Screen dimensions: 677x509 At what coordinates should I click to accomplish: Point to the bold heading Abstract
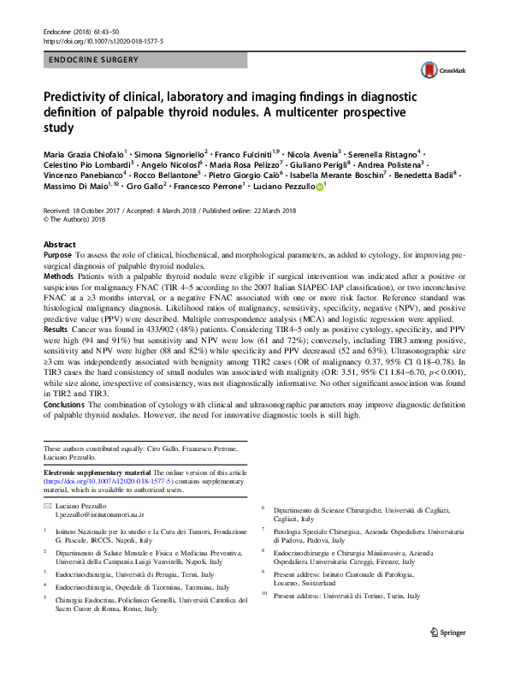pyautogui.click(x=59, y=244)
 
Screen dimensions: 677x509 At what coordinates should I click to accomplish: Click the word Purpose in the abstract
pyautogui.click(x=59, y=256)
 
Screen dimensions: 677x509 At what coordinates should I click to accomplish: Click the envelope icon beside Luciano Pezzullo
pyautogui.click(x=47, y=506)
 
